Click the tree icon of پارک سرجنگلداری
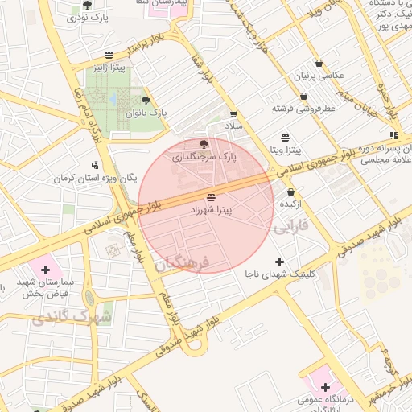(203, 144)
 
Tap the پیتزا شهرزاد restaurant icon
(211, 197)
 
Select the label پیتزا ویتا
(285, 150)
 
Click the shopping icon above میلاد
(233, 114)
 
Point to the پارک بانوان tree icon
(145, 101)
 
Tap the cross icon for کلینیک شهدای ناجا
(279, 262)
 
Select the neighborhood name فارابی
(292, 227)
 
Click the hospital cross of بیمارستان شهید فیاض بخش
(45, 270)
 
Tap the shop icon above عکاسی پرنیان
(319, 63)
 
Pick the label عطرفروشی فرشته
(303, 106)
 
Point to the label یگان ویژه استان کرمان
(97, 177)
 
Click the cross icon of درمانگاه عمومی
(324, 387)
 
